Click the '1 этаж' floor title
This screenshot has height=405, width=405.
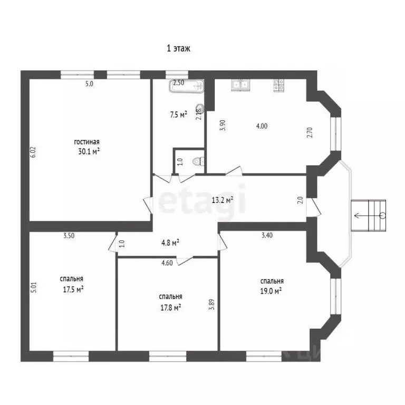point(178,49)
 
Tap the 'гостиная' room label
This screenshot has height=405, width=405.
point(87,142)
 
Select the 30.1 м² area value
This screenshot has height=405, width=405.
point(89,151)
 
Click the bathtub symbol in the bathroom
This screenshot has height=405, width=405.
point(187,86)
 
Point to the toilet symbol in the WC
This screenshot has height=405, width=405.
point(199,162)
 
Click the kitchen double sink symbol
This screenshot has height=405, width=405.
point(240,85)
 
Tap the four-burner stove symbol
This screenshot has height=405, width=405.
point(278,85)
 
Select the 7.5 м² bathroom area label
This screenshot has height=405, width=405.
point(178,114)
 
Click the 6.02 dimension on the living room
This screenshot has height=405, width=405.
point(33,152)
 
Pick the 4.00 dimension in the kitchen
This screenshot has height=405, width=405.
point(262,126)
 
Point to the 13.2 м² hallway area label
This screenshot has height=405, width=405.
point(223,200)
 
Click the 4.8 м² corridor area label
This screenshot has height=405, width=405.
point(170,243)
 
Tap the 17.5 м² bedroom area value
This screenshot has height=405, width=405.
point(73,290)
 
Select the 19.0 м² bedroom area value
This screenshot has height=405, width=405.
point(271,291)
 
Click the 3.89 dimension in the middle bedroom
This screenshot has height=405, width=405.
point(212,304)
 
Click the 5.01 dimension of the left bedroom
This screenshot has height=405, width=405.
point(34,287)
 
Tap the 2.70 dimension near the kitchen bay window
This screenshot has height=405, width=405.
point(310,132)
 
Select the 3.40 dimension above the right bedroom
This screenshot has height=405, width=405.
point(267,235)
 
